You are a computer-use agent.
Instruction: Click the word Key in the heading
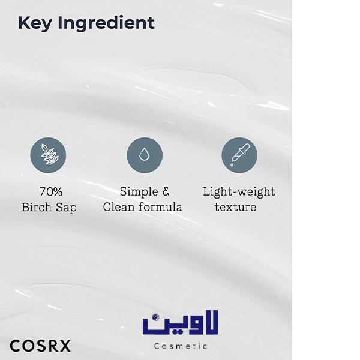coord(35,23)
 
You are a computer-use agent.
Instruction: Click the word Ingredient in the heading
coord(106,23)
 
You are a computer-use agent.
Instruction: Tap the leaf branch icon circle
coord(48,155)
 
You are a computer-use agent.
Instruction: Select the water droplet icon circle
coord(145,155)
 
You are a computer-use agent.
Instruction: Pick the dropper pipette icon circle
coord(239,155)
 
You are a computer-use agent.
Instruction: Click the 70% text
coord(51,192)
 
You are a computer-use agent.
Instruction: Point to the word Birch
coord(37,208)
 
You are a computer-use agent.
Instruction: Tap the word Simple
coord(139,192)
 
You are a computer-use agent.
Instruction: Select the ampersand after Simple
coord(166,192)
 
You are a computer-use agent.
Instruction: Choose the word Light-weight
coord(239,192)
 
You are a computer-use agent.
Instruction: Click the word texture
coord(235,208)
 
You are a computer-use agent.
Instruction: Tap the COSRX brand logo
coord(40,346)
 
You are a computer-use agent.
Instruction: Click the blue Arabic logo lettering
coord(180,323)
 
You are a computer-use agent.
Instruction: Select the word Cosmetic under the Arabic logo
coord(181,346)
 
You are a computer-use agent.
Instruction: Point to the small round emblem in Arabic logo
coord(155,317)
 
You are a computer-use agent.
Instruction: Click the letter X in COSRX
coord(65,346)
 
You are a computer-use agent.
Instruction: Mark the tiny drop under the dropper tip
coord(232,164)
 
